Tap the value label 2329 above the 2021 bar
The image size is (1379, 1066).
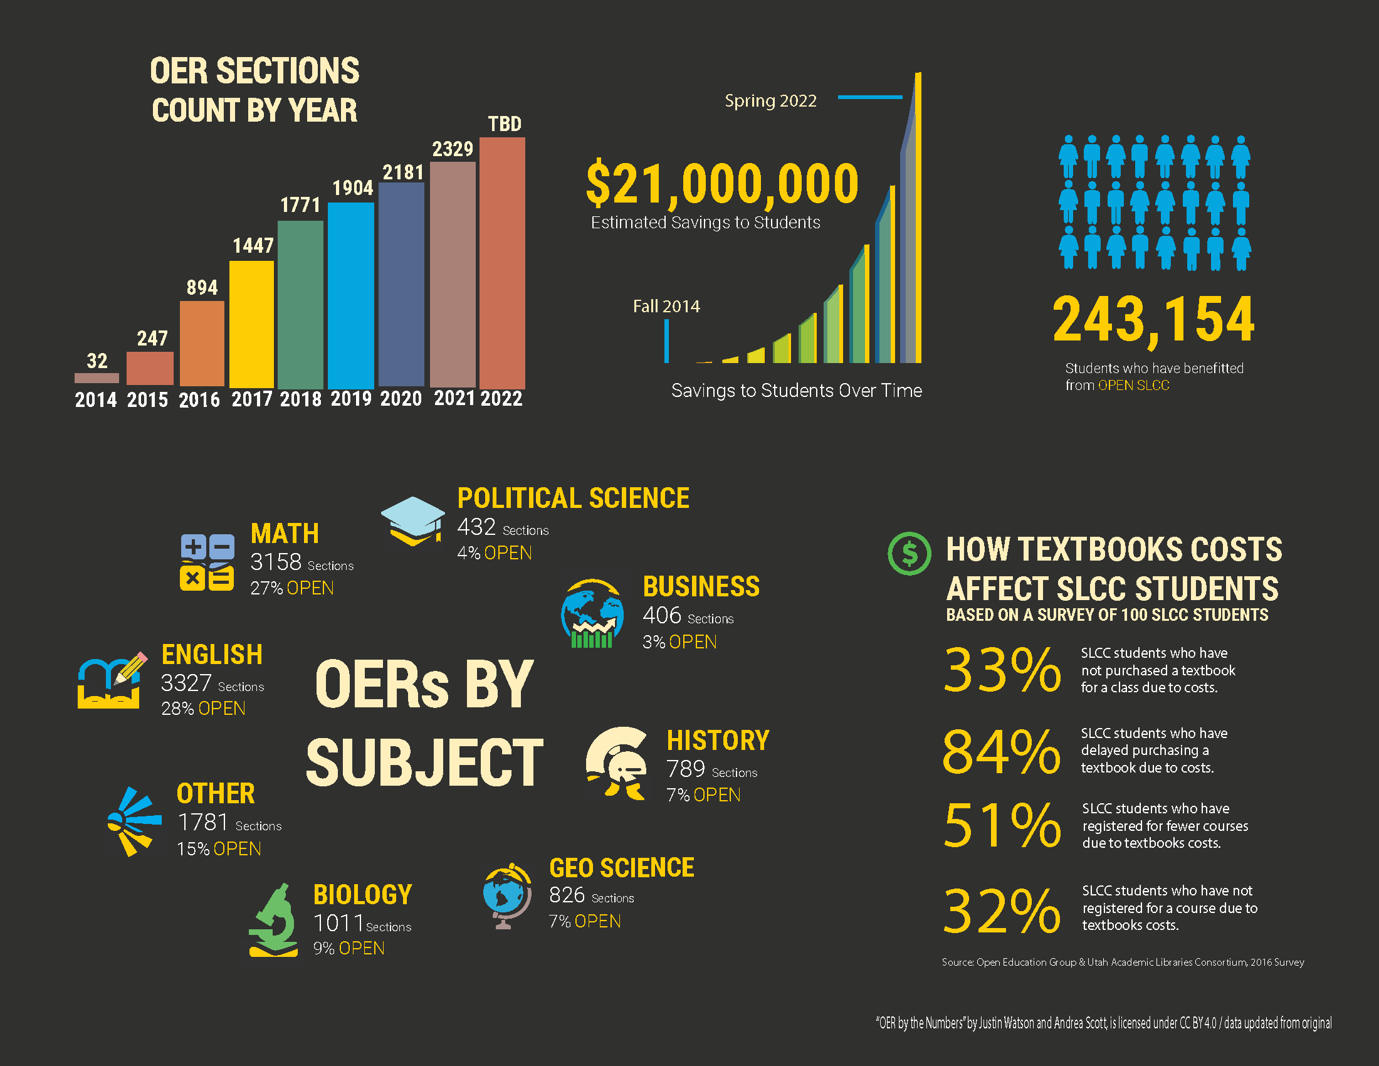452,149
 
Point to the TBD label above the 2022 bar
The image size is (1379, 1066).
505,124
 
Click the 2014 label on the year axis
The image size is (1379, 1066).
96,400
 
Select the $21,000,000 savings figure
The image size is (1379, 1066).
721,184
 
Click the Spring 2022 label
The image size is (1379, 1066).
770,101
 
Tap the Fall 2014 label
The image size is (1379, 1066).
666,306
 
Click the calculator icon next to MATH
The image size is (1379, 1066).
206,562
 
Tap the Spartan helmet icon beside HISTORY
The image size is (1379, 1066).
616,764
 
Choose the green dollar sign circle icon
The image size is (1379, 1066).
909,553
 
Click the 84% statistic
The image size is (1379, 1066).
1001,751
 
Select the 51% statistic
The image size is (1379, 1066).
1002,825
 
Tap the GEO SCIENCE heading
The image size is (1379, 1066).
621,868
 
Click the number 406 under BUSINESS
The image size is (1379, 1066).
661,615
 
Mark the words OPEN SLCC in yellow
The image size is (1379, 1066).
1133,385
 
